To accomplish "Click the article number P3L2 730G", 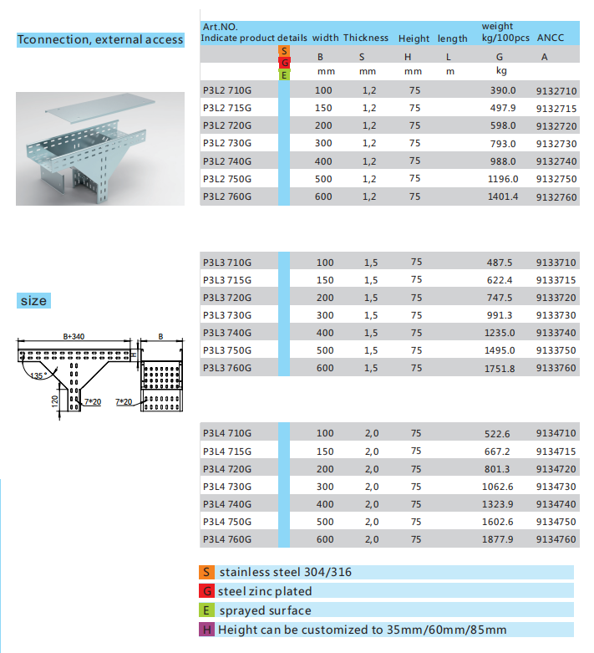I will pyautogui.click(x=226, y=143).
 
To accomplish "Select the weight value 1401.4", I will pyautogui.click(x=503, y=196).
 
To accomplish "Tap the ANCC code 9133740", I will pyautogui.click(x=556, y=333).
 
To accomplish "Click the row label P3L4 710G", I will pyautogui.click(x=226, y=433).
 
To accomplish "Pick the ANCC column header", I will pyautogui.click(x=551, y=38).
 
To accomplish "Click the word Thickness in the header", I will pyautogui.click(x=365, y=38).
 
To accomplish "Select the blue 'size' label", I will pyautogui.click(x=33, y=300).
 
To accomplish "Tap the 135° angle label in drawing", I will pyautogui.click(x=36, y=375).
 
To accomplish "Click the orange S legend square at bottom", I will pyautogui.click(x=206, y=573).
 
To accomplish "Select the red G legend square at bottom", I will pyautogui.click(x=206, y=591).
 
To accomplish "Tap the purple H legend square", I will pyautogui.click(x=206, y=630).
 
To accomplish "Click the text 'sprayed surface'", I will pyautogui.click(x=265, y=610).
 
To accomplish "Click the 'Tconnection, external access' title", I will pyautogui.click(x=100, y=39).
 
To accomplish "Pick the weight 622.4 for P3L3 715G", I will pyautogui.click(x=500, y=280).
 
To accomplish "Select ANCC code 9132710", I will pyautogui.click(x=556, y=90).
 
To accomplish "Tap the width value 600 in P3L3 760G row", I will pyautogui.click(x=324, y=368).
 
